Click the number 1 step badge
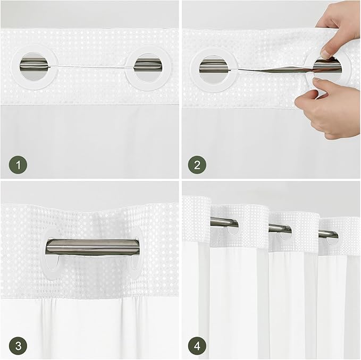(19, 165)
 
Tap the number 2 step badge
(197, 165)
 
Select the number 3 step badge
(19, 346)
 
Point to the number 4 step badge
(197, 346)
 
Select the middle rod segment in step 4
(280, 228)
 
